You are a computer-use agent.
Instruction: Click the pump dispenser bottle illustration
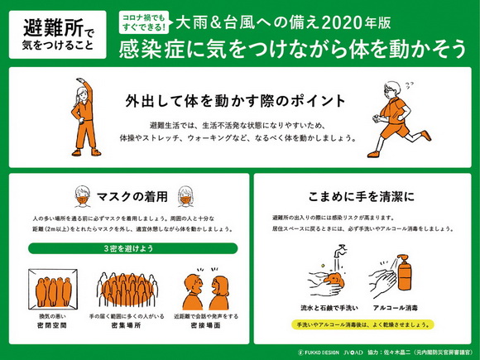pos(408,274)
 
